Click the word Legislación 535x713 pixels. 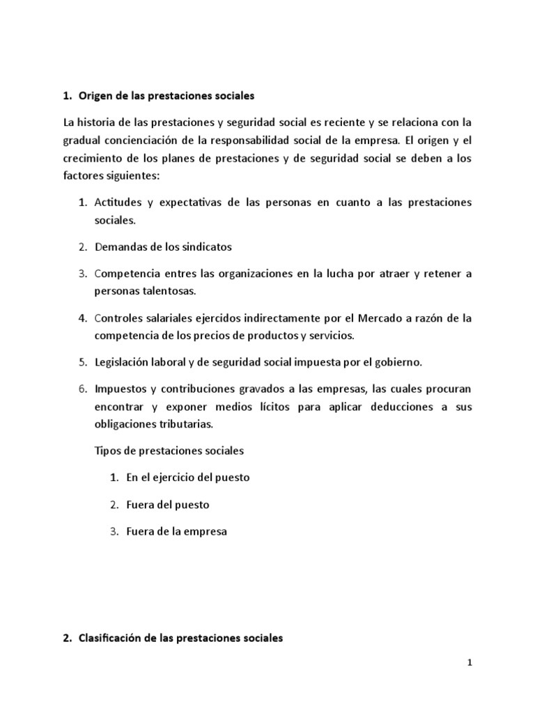124,363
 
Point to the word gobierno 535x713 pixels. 400,363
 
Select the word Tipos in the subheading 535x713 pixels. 106,450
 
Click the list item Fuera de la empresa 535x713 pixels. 177,532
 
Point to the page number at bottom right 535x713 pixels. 470,664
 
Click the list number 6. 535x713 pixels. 82,389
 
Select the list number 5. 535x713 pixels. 82,363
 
